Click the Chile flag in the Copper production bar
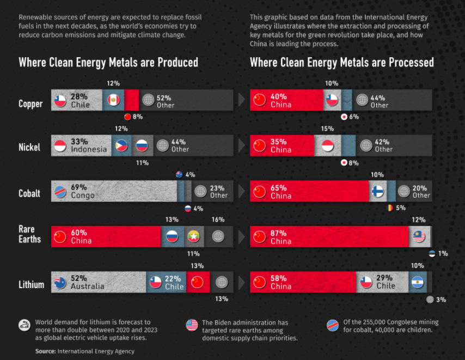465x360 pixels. point(60,101)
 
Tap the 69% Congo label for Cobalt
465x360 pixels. point(82,191)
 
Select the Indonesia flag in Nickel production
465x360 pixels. point(60,146)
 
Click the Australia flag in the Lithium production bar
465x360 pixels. point(60,282)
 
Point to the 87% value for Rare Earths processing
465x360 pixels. point(278,233)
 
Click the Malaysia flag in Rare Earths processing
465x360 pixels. point(418,237)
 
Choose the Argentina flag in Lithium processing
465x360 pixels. point(417,282)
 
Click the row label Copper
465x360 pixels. point(30,104)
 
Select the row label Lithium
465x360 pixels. point(31,285)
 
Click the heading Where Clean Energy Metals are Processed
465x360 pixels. point(341,63)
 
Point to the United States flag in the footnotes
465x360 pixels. point(192,325)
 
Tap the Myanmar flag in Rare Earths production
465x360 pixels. point(192,237)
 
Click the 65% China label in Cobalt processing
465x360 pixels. point(280,191)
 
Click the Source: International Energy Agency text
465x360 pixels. point(84,351)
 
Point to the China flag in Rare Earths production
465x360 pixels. point(60,237)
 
